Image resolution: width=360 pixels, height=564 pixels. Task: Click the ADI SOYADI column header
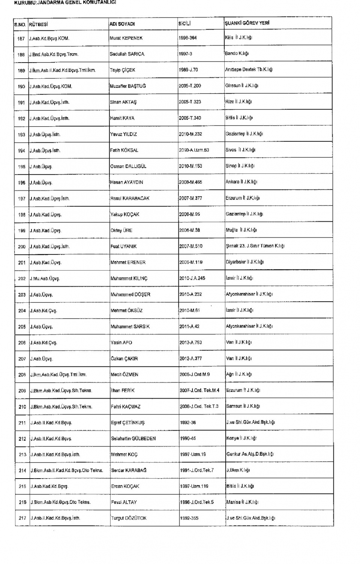pyautogui.click(x=122, y=24)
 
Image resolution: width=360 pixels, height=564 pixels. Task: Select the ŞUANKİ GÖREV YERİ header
pyautogui.click(x=247, y=23)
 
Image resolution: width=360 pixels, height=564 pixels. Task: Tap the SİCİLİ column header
pyautogui.click(x=185, y=24)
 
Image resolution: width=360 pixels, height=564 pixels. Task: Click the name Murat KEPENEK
pyautogui.click(x=126, y=38)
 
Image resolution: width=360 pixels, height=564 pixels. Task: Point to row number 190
pyautogui.click(x=21, y=86)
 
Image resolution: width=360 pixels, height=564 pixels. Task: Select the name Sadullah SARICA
pyautogui.click(x=127, y=54)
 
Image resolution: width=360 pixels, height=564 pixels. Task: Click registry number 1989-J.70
pyautogui.click(x=188, y=70)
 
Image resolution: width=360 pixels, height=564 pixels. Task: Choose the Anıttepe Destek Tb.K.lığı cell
pyautogui.click(x=249, y=69)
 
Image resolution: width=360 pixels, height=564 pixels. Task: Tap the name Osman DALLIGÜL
pyautogui.click(x=128, y=166)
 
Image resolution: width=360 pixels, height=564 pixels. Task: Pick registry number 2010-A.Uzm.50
pyautogui.click(x=194, y=150)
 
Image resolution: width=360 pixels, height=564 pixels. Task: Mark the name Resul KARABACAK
pyautogui.click(x=130, y=198)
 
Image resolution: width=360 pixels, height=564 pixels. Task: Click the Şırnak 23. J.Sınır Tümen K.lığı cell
pyautogui.click(x=255, y=246)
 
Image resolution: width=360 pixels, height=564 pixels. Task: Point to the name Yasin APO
pyautogui.click(x=121, y=343)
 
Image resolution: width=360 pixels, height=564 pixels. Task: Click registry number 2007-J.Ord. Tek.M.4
pyautogui.click(x=199, y=390)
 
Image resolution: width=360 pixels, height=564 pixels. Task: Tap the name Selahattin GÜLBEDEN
pyautogui.click(x=133, y=438)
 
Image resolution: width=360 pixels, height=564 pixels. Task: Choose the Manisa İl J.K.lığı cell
pyautogui.click(x=242, y=502)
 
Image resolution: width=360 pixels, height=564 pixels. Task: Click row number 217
pyautogui.click(x=22, y=518)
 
